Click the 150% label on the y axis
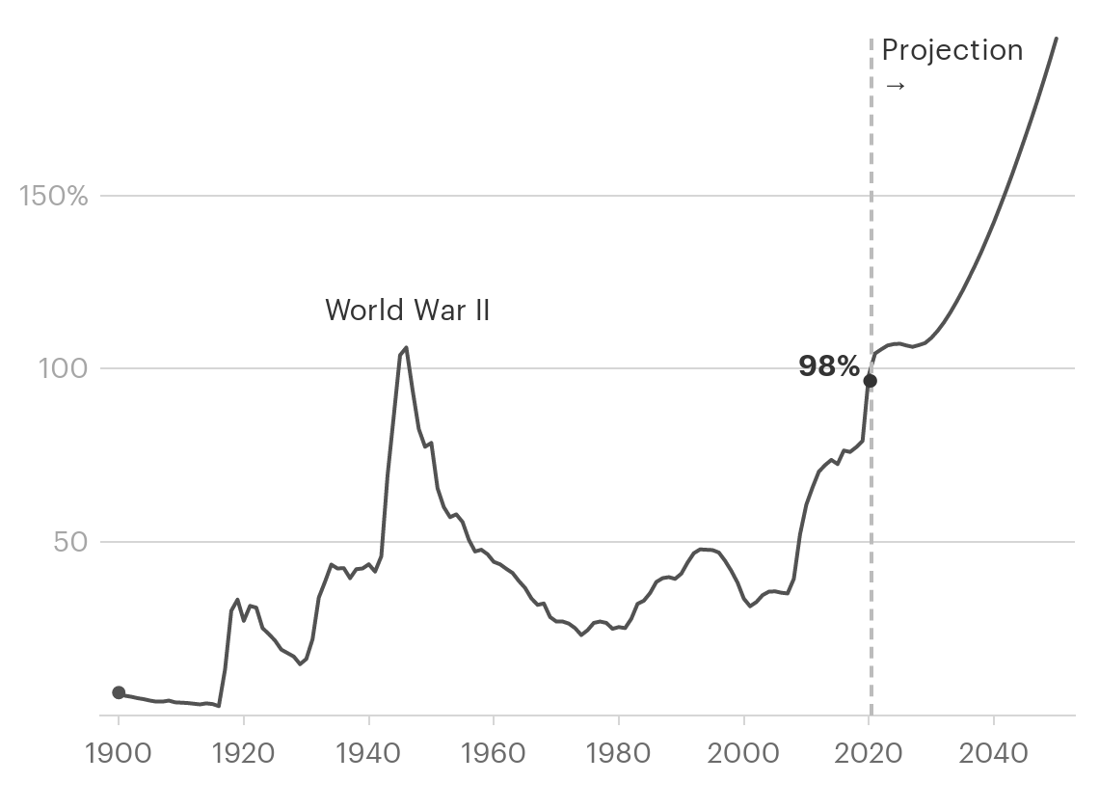[x=54, y=196]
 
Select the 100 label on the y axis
[x=67, y=368]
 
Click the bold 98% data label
[x=828, y=366]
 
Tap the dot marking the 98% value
[x=870, y=381]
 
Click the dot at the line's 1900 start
[x=119, y=692]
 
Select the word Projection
[x=952, y=50]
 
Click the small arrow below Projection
[x=895, y=86]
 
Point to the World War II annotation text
[x=407, y=310]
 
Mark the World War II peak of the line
[x=406, y=347]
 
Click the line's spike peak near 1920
[x=237, y=600]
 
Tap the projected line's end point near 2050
[x=1057, y=39]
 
